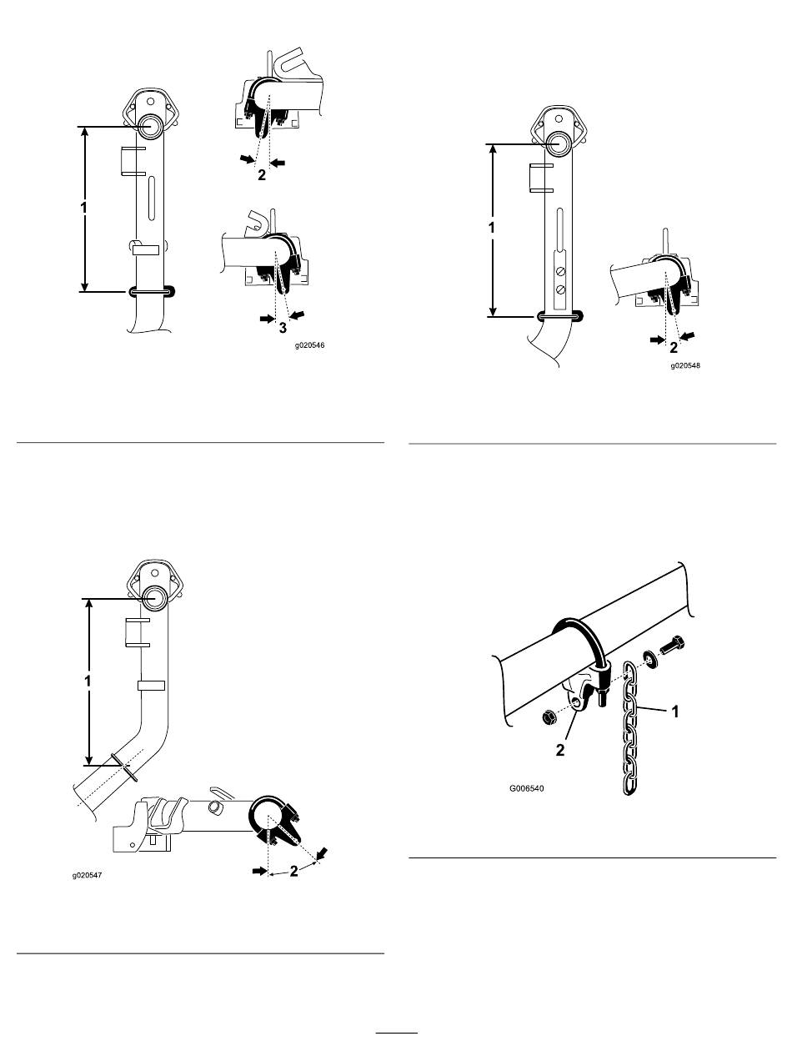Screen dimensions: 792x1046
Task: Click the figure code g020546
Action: (x=309, y=345)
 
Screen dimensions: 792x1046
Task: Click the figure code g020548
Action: (x=685, y=366)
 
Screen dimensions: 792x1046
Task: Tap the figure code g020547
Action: (x=87, y=875)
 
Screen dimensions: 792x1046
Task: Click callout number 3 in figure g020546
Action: (x=283, y=328)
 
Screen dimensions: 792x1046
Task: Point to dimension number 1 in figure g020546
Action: (x=84, y=208)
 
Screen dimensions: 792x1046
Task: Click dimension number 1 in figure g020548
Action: (x=492, y=228)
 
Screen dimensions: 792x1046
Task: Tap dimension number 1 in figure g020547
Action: (x=88, y=681)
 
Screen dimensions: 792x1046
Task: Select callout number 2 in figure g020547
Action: (x=293, y=871)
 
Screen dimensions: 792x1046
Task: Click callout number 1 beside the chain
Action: (x=674, y=712)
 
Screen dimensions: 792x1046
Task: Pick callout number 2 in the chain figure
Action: (x=560, y=750)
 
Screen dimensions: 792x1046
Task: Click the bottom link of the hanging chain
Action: (x=629, y=784)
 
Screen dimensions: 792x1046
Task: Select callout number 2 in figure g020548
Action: (x=673, y=348)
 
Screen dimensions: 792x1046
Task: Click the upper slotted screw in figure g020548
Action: (x=561, y=272)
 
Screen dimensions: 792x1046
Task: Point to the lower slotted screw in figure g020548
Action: (x=561, y=289)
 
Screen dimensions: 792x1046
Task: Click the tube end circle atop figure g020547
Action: (x=154, y=599)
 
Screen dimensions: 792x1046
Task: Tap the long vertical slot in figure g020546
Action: (x=151, y=199)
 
